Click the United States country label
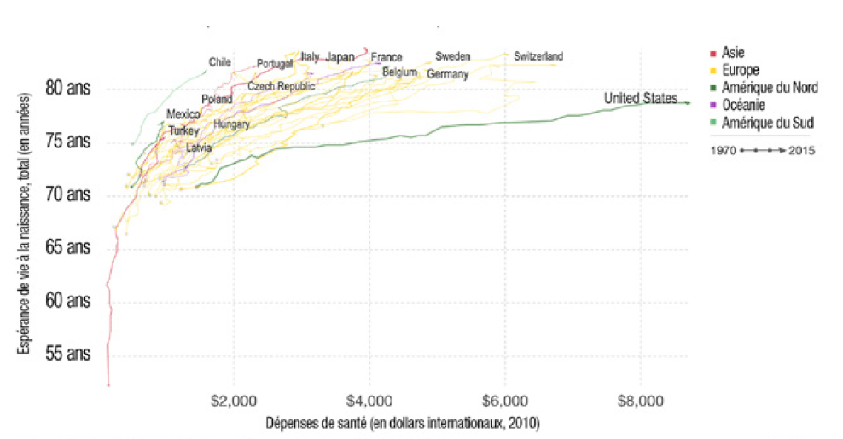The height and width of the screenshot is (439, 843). (x=640, y=99)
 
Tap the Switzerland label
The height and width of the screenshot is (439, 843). (x=538, y=56)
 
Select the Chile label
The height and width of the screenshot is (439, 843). (x=220, y=61)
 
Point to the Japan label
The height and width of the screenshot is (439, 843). (x=340, y=57)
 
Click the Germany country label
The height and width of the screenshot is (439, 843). (x=447, y=74)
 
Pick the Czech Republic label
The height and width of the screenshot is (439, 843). (x=281, y=86)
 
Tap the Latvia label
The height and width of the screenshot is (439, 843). (x=199, y=147)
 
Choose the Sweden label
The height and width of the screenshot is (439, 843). (x=452, y=56)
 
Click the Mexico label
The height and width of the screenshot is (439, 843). (x=183, y=113)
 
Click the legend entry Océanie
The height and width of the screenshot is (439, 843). (x=742, y=105)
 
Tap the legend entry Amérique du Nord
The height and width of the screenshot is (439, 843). (x=769, y=87)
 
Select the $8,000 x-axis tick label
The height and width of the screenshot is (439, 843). (x=640, y=400)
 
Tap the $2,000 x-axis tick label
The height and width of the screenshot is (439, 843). (x=233, y=400)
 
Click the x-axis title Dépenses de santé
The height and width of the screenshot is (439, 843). (x=403, y=423)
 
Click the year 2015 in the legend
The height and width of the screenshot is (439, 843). (x=802, y=151)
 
